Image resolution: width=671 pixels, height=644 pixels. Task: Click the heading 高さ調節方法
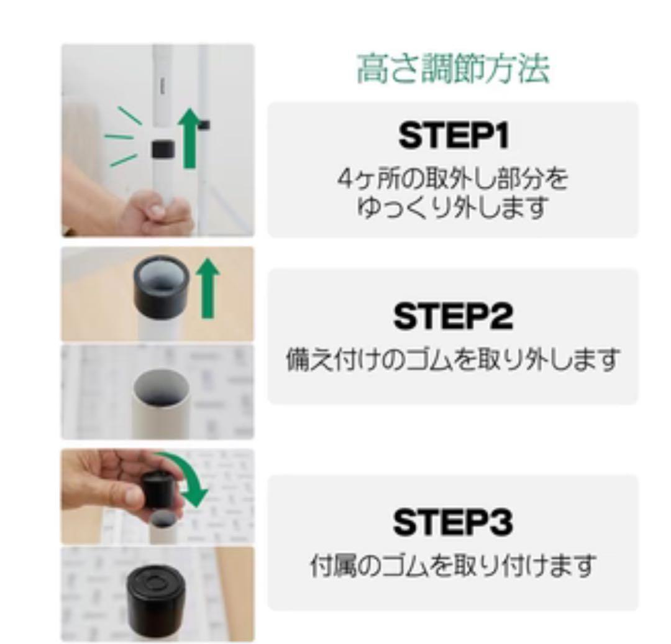(x=452, y=70)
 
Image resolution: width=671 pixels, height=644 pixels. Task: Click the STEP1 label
(x=453, y=137)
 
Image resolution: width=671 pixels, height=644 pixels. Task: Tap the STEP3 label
(x=453, y=522)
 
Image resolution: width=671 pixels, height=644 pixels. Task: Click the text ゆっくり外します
(x=452, y=208)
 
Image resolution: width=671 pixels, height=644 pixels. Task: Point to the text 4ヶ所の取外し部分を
(x=452, y=180)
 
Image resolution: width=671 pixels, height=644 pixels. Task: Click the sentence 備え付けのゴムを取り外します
(x=453, y=359)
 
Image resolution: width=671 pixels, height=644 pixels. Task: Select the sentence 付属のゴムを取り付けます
(x=453, y=566)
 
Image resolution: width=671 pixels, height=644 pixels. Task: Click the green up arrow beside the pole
(x=191, y=140)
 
